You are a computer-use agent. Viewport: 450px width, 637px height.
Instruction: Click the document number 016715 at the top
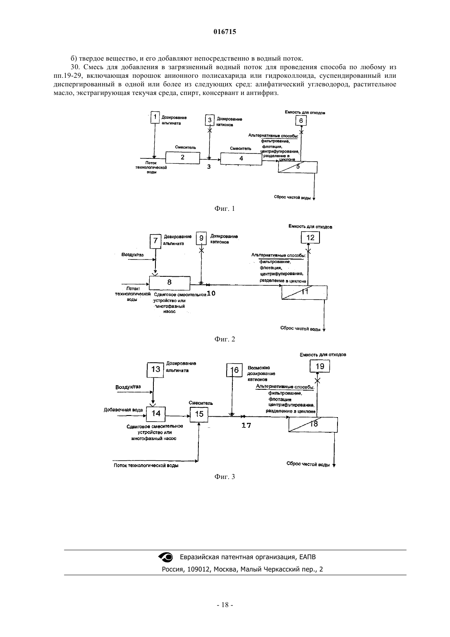click(225, 32)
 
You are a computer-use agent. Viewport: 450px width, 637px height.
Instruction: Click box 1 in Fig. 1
click(155, 117)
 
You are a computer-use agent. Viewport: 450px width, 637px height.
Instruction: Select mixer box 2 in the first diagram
click(182, 157)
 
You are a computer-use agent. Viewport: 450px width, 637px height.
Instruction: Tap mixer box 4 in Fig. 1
click(241, 158)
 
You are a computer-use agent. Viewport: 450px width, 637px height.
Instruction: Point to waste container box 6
click(301, 121)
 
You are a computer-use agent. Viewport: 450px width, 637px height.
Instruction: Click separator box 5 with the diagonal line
click(297, 167)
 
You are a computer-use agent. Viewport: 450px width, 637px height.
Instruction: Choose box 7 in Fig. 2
click(155, 241)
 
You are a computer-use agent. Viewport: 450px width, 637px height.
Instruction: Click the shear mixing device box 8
click(170, 282)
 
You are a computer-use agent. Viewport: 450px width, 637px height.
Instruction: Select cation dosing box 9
click(201, 238)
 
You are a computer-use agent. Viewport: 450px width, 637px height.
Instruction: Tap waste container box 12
click(310, 237)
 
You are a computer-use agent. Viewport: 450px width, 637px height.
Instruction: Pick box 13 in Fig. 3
click(155, 370)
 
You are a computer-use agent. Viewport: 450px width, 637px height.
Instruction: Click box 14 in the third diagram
click(156, 414)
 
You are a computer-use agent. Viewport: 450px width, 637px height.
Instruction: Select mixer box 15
click(199, 414)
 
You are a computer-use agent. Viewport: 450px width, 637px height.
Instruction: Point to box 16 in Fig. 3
click(234, 370)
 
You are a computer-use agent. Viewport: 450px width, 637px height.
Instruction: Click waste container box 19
click(319, 366)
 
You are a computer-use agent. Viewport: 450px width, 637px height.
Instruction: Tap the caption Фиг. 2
click(225, 339)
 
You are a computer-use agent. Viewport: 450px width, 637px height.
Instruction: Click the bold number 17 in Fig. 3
click(246, 425)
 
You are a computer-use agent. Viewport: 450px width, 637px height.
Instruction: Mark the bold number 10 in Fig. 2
click(211, 293)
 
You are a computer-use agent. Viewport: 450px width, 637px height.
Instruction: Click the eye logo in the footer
click(166, 557)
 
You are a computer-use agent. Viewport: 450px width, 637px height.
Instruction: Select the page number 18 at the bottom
click(225, 605)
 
